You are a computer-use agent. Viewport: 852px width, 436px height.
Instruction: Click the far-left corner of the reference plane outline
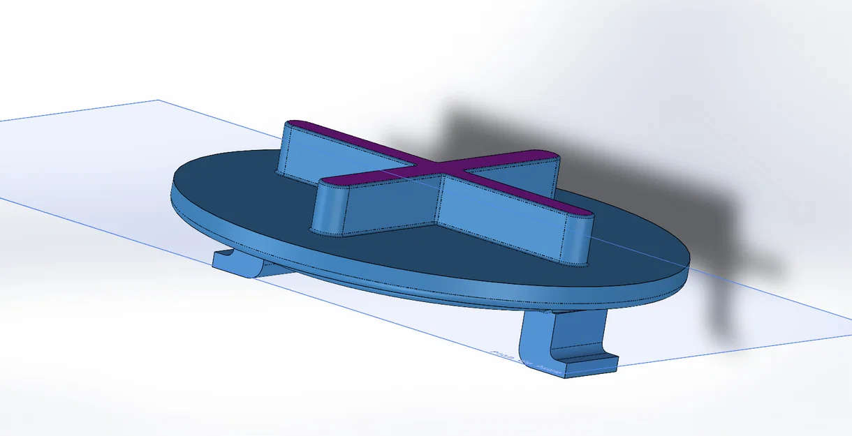click(x=158, y=100)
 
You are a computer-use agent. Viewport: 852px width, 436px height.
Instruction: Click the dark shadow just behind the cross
click(x=489, y=133)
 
